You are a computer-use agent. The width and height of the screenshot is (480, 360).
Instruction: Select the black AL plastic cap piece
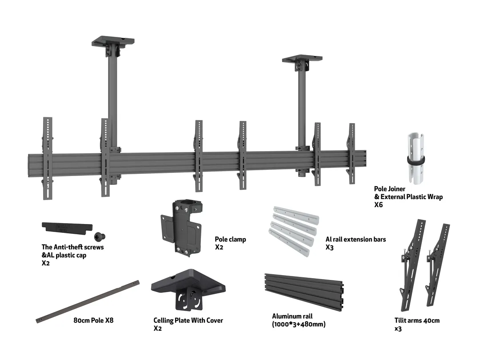coord(67,227)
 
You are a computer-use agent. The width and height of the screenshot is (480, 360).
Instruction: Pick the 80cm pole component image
coord(88,300)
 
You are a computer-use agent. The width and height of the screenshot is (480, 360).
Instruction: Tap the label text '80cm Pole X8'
coord(93,320)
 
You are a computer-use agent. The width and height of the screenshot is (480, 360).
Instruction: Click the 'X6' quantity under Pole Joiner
coord(378,205)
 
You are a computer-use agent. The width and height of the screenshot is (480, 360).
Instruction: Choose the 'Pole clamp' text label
coord(230,239)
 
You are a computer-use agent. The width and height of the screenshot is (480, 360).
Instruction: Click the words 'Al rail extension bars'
coord(356,239)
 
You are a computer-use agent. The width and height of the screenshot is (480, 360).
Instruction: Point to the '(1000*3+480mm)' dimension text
coord(299,324)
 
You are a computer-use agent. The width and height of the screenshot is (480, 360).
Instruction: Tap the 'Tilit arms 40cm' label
coord(417,320)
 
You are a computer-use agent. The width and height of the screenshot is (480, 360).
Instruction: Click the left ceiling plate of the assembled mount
coord(113,42)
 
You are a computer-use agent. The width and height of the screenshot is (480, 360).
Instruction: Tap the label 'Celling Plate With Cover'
coord(188,320)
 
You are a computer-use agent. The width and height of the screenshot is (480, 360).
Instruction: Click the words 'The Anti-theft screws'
coord(72,247)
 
